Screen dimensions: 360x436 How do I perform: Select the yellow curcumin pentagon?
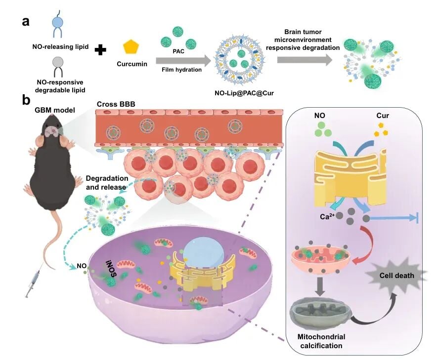click(131, 47)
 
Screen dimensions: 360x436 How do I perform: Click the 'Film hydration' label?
click(181, 70)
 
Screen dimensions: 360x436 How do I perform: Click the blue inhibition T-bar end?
click(418, 218)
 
